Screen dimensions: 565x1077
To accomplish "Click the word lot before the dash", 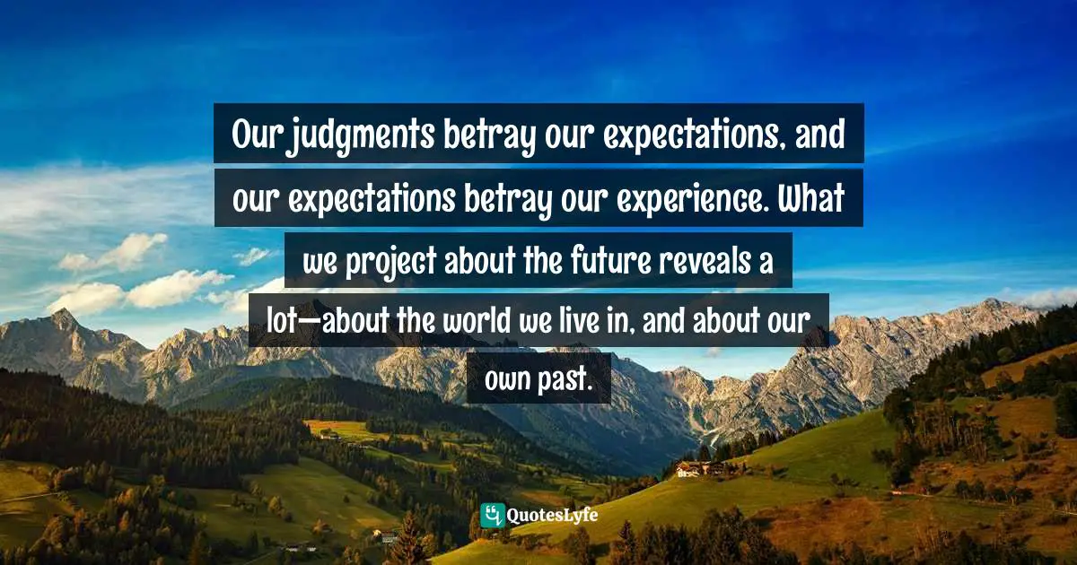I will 282,320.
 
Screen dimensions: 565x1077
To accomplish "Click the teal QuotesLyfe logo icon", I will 492,516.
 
